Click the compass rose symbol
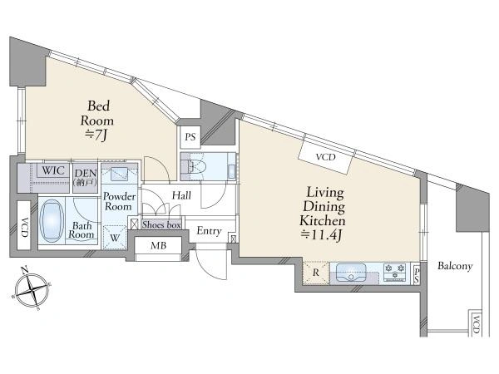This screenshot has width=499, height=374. pyautogui.click(x=32, y=288)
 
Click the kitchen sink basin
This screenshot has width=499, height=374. pyautogui.click(x=351, y=273)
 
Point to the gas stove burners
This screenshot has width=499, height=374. pyautogui.click(x=395, y=272)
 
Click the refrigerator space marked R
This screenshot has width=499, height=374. pyautogui.click(x=316, y=273)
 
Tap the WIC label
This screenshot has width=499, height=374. pyautogui.click(x=53, y=170)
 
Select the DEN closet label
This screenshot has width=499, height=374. pyautogui.click(x=86, y=177)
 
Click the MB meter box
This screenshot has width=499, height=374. pyautogui.click(x=158, y=245)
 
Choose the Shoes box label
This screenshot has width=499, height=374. pyautogui.click(x=161, y=224)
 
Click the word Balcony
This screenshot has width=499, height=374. pyautogui.click(x=455, y=266)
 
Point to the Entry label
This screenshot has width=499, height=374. pyautogui.click(x=209, y=231)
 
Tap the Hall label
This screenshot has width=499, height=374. pyautogui.click(x=181, y=195)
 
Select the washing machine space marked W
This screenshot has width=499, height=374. pyautogui.click(x=115, y=238)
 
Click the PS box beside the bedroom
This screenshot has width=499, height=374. pyautogui.click(x=190, y=137)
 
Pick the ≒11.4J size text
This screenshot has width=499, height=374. pyautogui.click(x=321, y=235)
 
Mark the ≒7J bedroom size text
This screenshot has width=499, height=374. pyautogui.click(x=96, y=135)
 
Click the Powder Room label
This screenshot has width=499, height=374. pyautogui.click(x=119, y=201)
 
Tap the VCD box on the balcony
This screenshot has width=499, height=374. pyautogui.click(x=476, y=323)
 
